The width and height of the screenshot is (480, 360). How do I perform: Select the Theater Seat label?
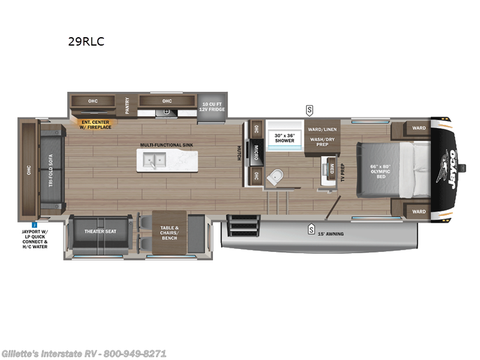point(101,231)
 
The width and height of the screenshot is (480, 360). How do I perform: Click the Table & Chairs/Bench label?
point(169,232)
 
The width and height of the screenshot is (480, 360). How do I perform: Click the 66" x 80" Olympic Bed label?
point(380,170)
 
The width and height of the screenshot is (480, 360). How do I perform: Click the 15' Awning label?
point(331,234)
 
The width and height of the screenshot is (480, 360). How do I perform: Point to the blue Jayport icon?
point(35,224)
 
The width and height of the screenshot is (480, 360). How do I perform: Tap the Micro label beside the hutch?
point(256,150)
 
